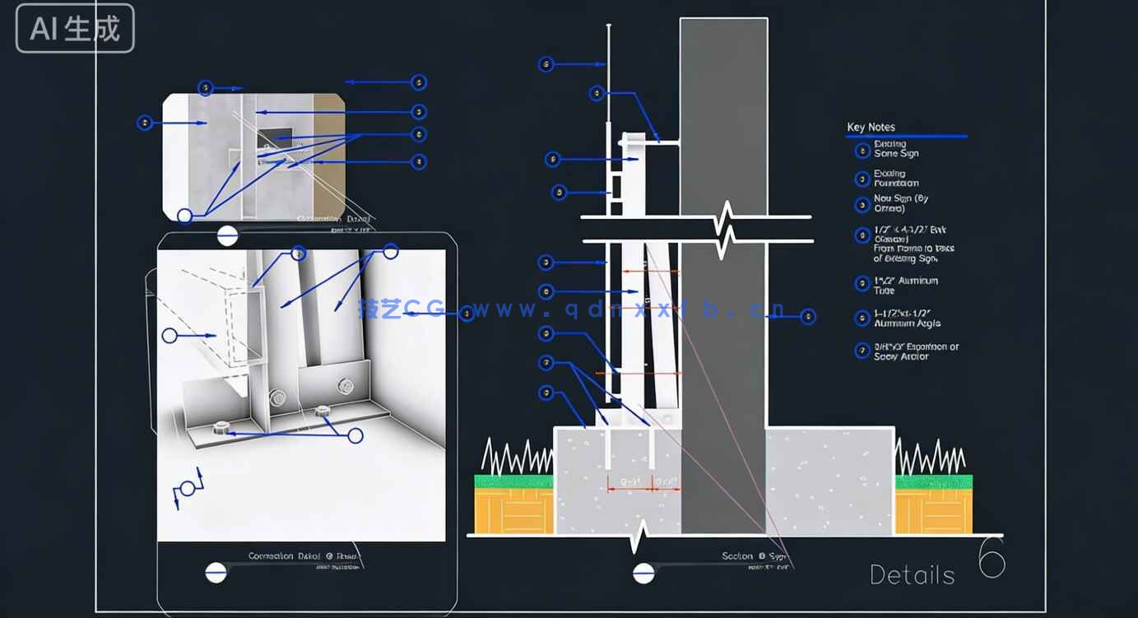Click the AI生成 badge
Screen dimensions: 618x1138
click(75, 29)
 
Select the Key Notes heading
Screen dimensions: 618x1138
click(871, 127)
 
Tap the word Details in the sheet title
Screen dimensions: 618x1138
click(912, 574)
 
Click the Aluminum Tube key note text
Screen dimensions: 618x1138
click(905, 286)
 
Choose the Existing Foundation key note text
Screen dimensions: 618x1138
click(896, 178)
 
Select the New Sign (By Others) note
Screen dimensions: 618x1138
click(901, 203)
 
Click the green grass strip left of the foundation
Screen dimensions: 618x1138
click(515, 481)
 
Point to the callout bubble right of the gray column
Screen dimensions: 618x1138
click(808, 317)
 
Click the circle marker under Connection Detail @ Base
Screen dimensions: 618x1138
click(216, 572)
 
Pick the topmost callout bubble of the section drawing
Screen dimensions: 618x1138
click(546, 64)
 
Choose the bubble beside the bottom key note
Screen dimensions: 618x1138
click(862, 351)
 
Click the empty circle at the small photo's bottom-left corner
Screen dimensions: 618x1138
click(185, 216)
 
